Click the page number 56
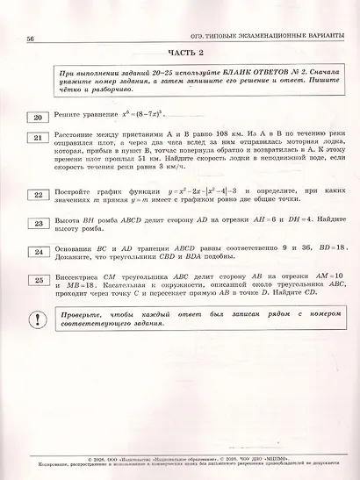click(x=31, y=39)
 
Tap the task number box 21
click(x=38, y=138)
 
